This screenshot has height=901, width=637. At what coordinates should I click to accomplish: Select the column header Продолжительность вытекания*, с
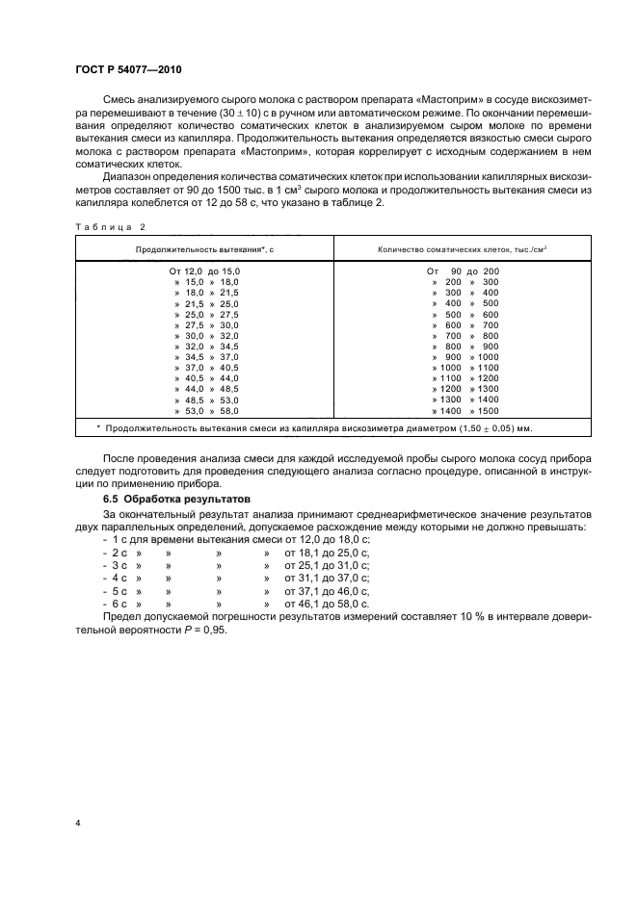(x=204, y=250)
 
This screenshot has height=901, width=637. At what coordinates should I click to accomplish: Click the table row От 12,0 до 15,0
(x=204, y=271)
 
